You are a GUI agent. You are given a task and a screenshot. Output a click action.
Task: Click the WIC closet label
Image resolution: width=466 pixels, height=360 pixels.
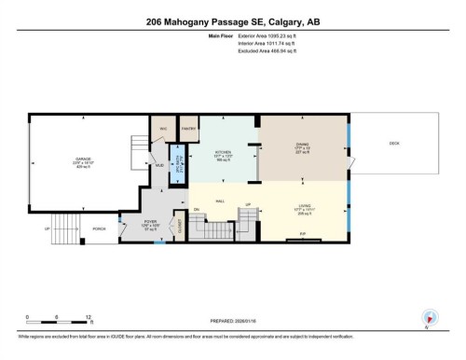tap(162, 129)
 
